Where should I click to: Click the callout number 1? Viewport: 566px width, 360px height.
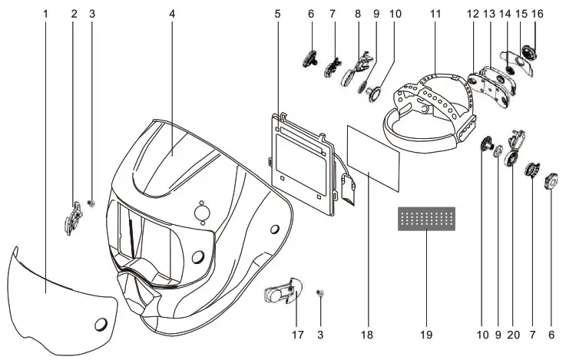45,14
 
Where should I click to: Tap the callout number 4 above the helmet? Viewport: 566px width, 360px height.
172,14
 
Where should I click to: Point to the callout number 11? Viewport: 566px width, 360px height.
435,14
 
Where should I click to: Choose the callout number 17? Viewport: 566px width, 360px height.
297,335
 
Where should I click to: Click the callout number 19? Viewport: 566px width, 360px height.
426,335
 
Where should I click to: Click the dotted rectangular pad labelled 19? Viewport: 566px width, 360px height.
426,219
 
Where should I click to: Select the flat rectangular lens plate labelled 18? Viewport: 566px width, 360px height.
374,157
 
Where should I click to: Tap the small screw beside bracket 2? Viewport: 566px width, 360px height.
91,203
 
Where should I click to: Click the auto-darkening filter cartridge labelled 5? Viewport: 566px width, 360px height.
302,157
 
